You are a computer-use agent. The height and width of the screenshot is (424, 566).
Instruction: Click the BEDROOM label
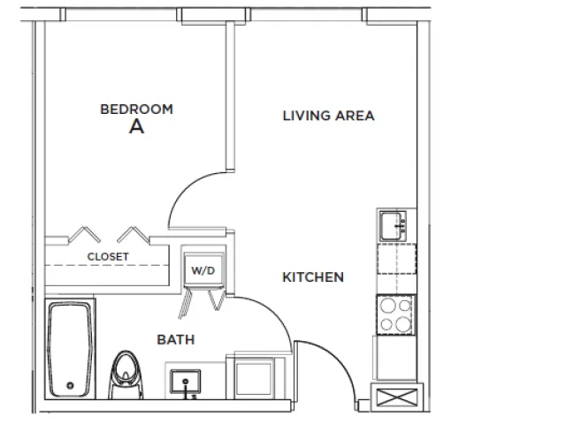(x=136, y=110)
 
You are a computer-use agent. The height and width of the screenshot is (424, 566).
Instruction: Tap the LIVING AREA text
(x=328, y=116)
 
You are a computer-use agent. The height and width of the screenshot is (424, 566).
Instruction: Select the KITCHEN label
(x=313, y=277)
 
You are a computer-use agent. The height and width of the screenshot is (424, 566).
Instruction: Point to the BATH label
(x=176, y=339)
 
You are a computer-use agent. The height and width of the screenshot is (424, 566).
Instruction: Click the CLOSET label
(x=108, y=257)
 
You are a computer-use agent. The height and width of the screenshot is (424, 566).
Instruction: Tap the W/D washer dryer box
(x=203, y=269)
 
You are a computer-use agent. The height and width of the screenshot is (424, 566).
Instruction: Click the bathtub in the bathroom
(x=70, y=349)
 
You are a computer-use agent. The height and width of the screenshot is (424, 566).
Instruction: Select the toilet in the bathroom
(x=126, y=375)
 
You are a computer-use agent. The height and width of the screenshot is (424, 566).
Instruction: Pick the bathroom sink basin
(x=185, y=382)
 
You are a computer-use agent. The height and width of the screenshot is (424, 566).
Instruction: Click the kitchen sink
(x=393, y=226)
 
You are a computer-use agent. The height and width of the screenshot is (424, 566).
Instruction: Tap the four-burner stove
(x=395, y=315)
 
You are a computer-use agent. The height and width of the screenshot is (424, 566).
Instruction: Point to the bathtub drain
(x=70, y=385)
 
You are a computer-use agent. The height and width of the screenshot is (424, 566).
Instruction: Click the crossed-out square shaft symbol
(x=397, y=397)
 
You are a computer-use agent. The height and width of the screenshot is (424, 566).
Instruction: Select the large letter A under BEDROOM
(x=136, y=126)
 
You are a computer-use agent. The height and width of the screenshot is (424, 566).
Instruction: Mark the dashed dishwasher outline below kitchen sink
(x=397, y=259)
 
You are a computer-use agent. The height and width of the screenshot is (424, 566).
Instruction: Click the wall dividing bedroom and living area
(x=230, y=96)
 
